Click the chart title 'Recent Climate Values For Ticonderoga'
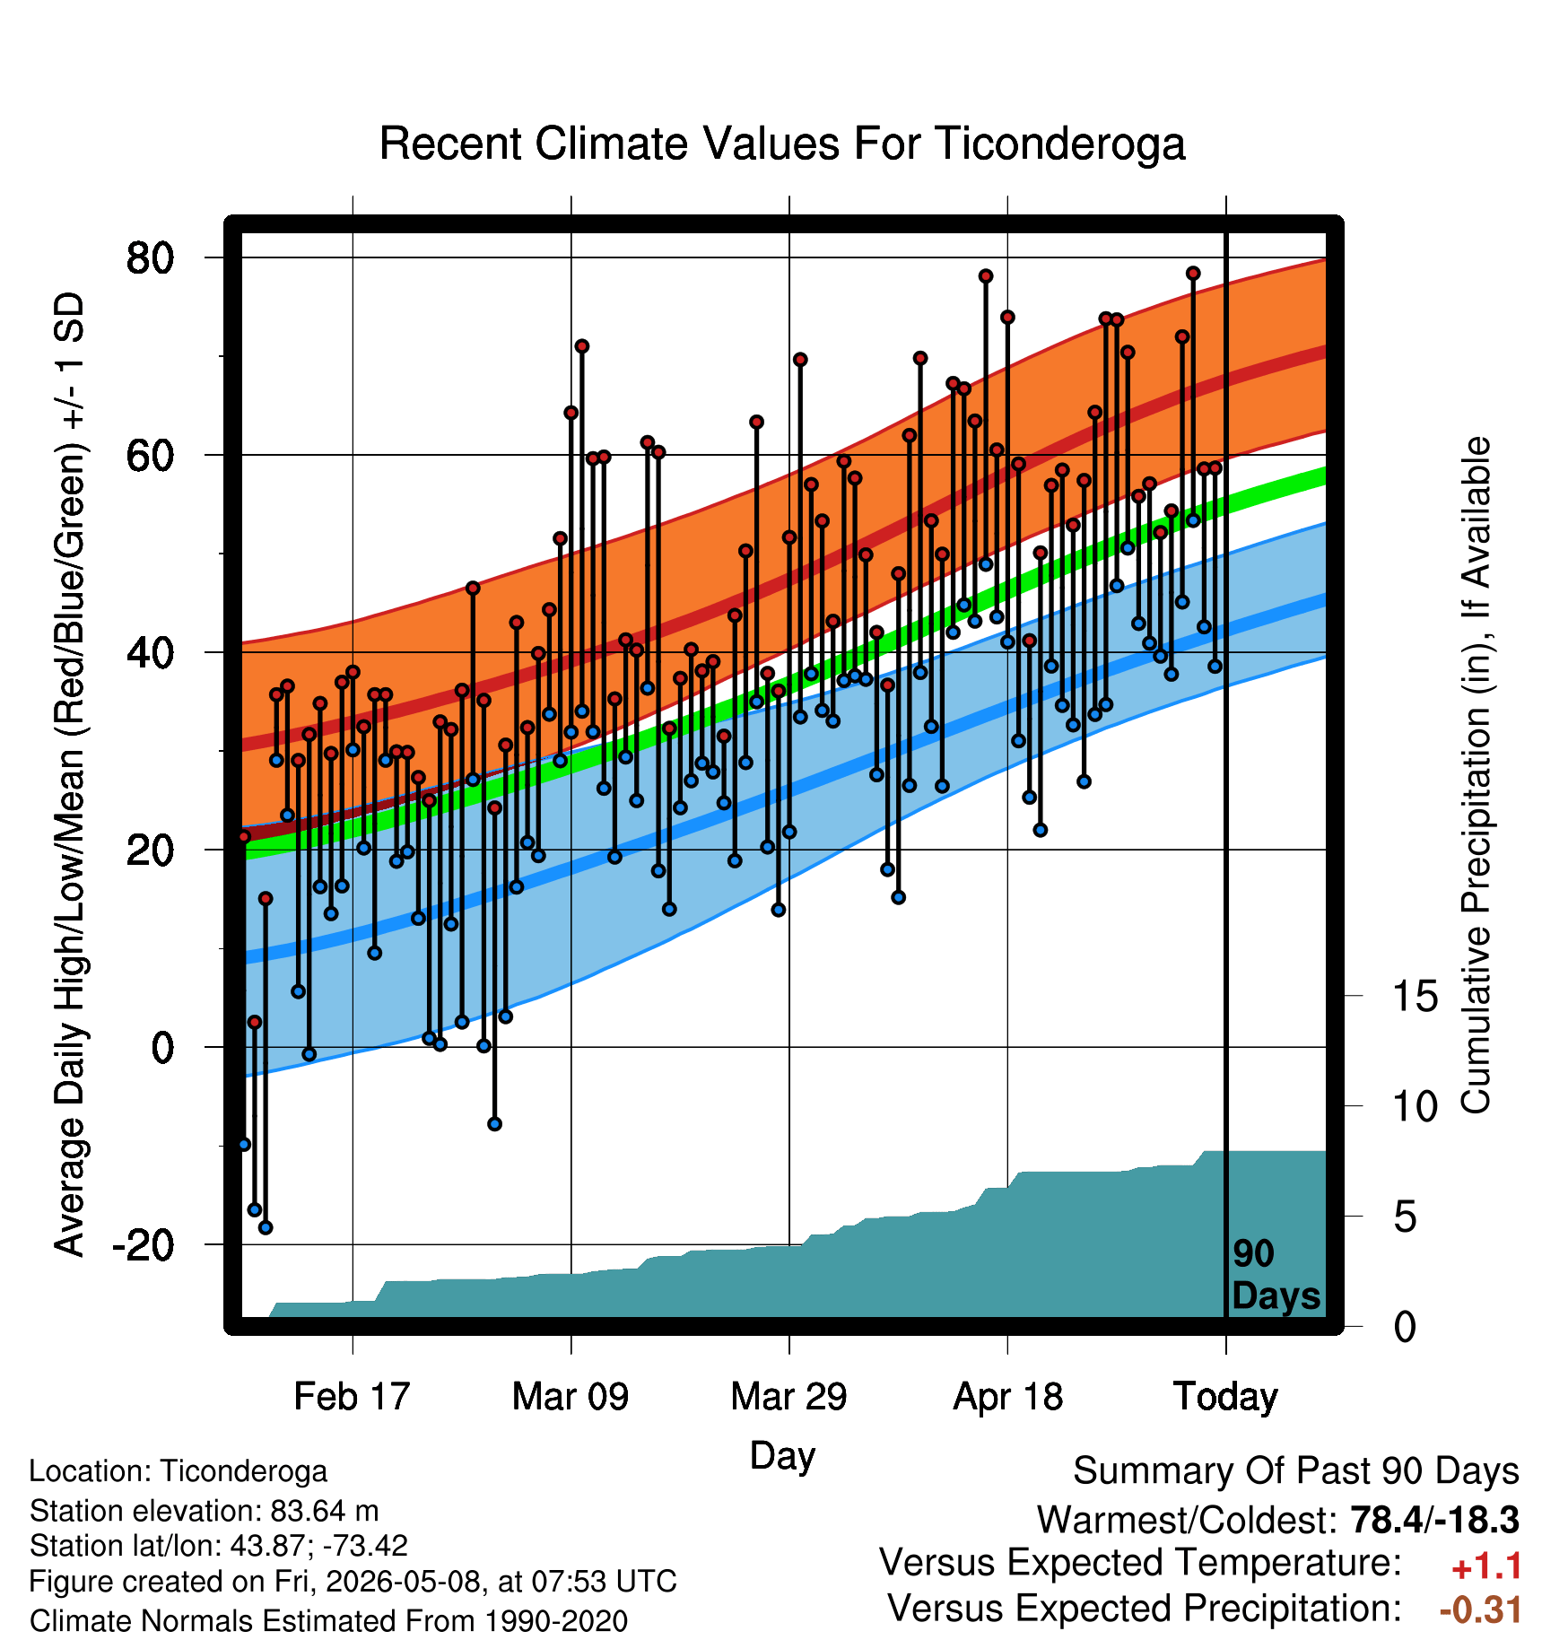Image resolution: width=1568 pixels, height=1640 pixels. pyautogui.click(x=782, y=144)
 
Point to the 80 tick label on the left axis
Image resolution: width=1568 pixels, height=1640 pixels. pyautogui.click(x=150, y=258)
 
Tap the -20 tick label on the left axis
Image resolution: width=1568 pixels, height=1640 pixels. pyautogui.click(x=143, y=1245)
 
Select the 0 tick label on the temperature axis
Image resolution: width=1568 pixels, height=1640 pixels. pyautogui.click(x=162, y=1047)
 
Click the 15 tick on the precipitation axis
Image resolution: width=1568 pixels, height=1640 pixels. pyautogui.click(x=1415, y=996)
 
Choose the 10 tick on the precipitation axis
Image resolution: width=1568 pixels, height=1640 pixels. pyautogui.click(x=1415, y=1106)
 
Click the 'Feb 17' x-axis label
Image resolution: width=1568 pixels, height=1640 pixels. pyautogui.click(x=352, y=1397)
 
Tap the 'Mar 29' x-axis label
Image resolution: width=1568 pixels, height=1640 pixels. pyautogui.click(x=788, y=1397)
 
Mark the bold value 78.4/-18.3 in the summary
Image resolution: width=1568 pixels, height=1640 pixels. pyautogui.click(x=1434, y=1520)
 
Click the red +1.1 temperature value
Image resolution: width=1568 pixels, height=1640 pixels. pyautogui.click(x=1486, y=1566)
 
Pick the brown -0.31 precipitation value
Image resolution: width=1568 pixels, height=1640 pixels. pyautogui.click(x=1480, y=1609)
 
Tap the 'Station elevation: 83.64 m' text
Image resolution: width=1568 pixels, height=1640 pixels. pyautogui.click(x=205, y=1512)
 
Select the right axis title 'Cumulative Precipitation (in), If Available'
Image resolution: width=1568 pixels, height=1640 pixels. pyautogui.click(x=1476, y=776)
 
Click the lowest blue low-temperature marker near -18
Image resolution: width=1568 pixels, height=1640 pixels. pyautogui.click(x=266, y=1227)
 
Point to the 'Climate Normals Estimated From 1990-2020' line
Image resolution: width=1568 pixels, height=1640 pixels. pyautogui.click(x=328, y=1621)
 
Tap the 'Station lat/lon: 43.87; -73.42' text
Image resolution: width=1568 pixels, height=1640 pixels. pyautogui.click(x=219, y=1546)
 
